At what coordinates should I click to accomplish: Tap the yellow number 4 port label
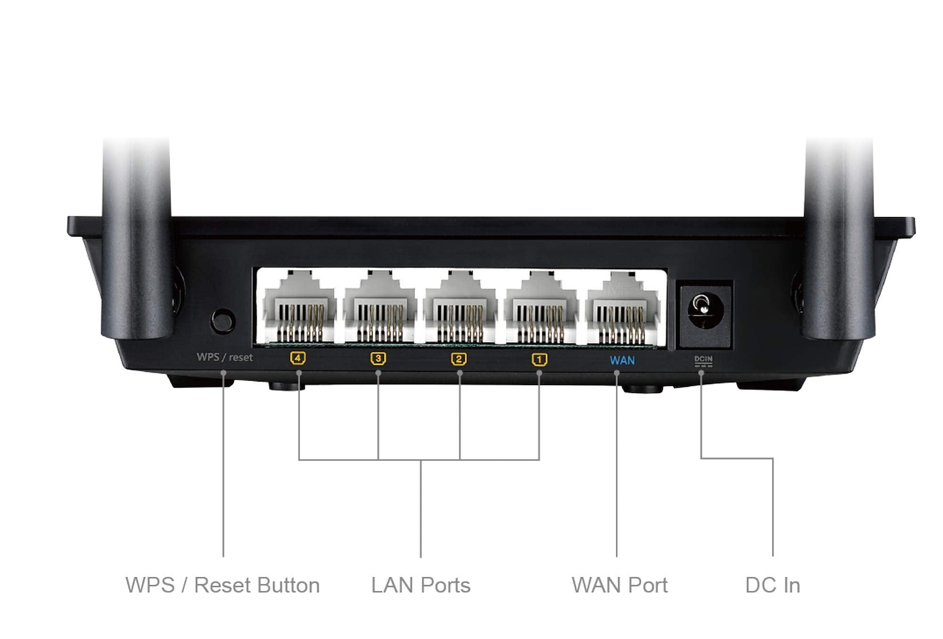tap(298, 359)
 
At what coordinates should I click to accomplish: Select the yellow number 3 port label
tap(378, 359)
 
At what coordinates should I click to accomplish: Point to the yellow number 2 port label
tap(459, 359)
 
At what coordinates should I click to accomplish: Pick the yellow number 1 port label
tap(539, 360)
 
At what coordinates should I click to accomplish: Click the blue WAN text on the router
tap(622, 361)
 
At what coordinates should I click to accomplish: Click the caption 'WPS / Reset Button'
tap(223, 585)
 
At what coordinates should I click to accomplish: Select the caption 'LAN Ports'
tap(421, 585)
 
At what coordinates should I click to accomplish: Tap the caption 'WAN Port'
tap(620, 585)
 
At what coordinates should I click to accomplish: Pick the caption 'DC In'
tap(772, 585)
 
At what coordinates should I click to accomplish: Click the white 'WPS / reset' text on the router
tap(225, 357)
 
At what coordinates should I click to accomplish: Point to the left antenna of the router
tap(137, 236)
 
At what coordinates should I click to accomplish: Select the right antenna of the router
tap(838, 236)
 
